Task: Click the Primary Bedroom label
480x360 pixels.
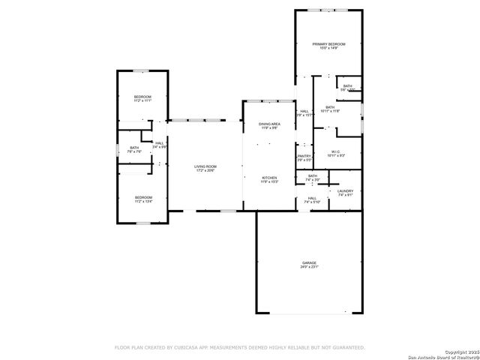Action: [x=329, y=44]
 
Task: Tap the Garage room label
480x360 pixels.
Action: [x=309, y=262]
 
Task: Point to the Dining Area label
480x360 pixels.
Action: [x=269, y=124]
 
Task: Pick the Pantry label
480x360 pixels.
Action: [x=304, y=156]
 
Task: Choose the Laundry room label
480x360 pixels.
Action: [x=345, y=191]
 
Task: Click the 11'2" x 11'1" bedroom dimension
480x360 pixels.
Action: [x=142, y=100]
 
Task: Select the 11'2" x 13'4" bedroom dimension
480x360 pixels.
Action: [x=142, y=202]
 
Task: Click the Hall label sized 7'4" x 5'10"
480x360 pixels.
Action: [x=312, y=202]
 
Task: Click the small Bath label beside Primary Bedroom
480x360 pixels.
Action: [x=347, y=86]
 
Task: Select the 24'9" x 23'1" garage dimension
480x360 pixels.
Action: [x=309, y=267]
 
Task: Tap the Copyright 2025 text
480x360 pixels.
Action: [x=458, y=351]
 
